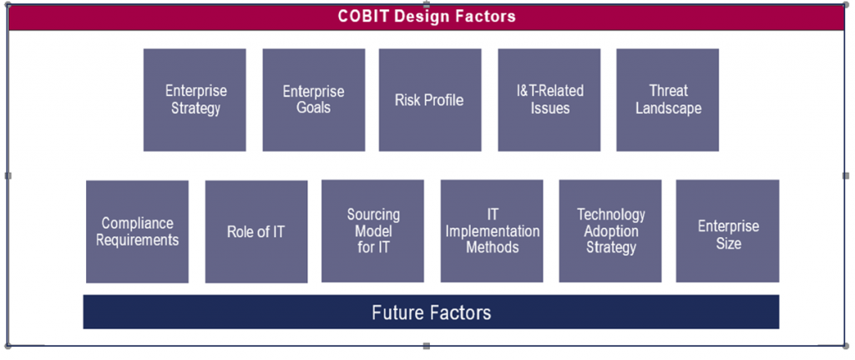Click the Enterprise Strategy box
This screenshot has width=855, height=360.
pos(195,99)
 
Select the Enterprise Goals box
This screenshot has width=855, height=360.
pos(313,99)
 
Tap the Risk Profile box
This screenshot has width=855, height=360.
pos(429,99)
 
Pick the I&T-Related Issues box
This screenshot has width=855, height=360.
pos(549,99)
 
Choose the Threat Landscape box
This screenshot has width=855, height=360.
pos(667,99)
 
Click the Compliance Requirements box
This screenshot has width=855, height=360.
pos(137,231)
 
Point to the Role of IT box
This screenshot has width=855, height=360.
pos(255,231)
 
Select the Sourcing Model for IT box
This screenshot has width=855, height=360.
pos(373,231)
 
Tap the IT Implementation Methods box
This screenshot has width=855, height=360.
pos(492,231)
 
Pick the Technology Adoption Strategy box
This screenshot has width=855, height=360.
pos(610,231)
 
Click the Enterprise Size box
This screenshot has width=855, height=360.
pos(727,231)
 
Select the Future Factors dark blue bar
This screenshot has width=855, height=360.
pos(431,312)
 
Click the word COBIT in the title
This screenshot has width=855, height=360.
pos(364,16)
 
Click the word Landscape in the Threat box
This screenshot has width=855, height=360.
pos(668,109)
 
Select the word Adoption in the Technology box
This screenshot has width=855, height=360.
pos(610,231)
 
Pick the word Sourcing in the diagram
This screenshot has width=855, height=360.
pos(373,215)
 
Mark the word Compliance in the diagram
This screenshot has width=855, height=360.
pos(137,223)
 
